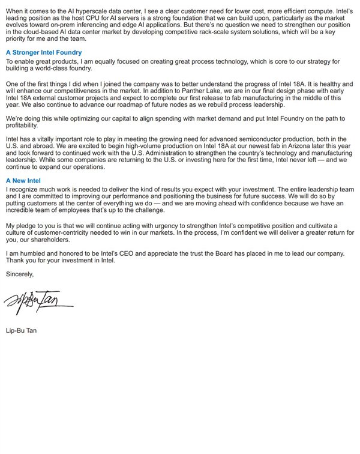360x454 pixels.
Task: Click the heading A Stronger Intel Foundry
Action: (x=44, y=53)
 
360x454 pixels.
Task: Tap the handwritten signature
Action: (x=40, y=300)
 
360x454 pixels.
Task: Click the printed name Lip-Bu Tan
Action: (x=21, y=330)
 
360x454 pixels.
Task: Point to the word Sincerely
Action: (x=20, y=274)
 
